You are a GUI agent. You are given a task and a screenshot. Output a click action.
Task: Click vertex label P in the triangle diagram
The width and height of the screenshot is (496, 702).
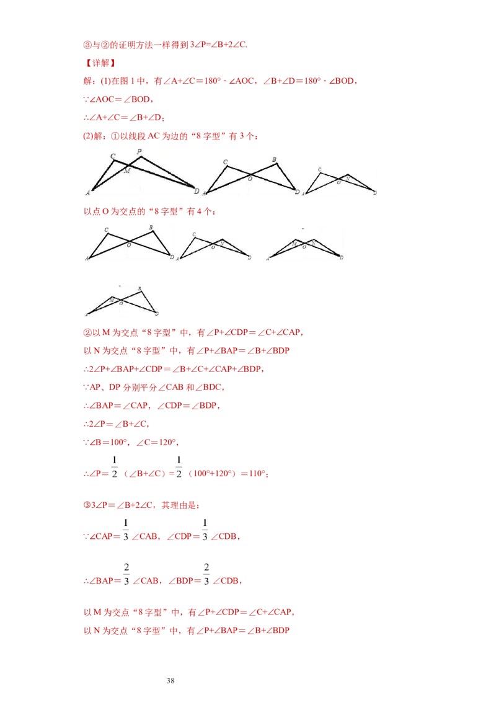139,152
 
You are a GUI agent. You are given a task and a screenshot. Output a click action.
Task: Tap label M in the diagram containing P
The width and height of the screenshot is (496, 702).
126,171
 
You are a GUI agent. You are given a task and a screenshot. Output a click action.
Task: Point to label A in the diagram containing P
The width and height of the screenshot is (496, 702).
88,193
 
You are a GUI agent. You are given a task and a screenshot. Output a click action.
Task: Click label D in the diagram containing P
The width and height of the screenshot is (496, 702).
196,191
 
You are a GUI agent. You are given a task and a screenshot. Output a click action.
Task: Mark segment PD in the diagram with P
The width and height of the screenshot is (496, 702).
167,172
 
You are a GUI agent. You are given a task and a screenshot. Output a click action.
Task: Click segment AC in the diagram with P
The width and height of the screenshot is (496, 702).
102,175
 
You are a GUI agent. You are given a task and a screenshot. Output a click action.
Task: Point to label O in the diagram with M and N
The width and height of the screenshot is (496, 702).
304,247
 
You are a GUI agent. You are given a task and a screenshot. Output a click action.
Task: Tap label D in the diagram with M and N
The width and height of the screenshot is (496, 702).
342,257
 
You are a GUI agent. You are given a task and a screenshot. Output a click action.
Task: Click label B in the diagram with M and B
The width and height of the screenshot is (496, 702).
139,289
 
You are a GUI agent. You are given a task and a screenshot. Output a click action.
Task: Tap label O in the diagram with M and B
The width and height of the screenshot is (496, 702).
121,304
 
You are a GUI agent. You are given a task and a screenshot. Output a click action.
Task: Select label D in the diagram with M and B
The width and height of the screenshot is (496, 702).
157,314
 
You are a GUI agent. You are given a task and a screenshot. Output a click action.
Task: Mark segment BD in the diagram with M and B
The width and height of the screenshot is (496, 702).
148,302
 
